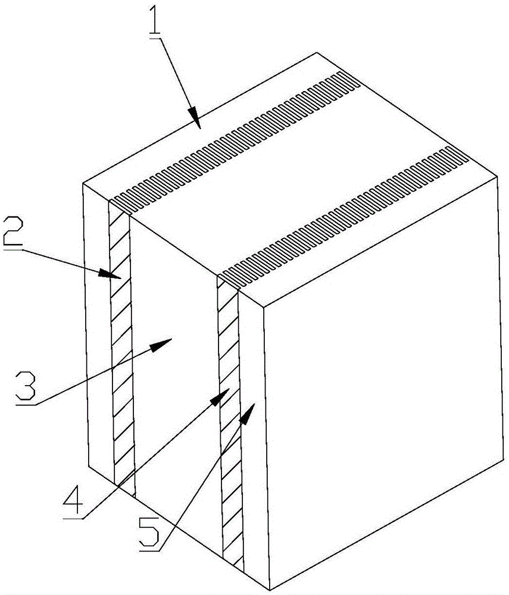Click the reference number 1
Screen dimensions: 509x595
click(x=155, y=20)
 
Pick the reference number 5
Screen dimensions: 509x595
click(x=149, y=533)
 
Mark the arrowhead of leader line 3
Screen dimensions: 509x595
click(x=161, y=344)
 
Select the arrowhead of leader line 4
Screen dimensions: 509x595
click(x=220, y=396)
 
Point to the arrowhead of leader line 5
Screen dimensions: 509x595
click(x=247, y=414)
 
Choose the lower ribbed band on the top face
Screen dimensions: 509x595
click(x=343, y=218)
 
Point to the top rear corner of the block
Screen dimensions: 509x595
click(x=317, y=52)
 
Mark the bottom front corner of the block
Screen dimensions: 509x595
click(x=269, y=590)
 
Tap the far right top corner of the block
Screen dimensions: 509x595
click(x=498, y=176)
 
